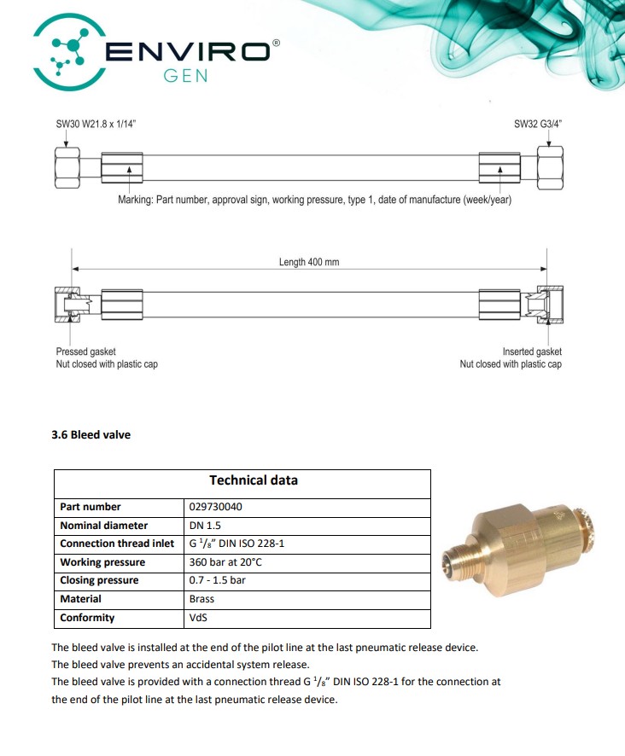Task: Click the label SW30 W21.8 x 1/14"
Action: (x=96, y=125)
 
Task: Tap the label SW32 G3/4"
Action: (x=537, y=125)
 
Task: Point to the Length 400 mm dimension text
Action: (x=308, y=262)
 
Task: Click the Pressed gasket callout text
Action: (x=85, y=352)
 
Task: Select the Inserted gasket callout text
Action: (x=532, y=352)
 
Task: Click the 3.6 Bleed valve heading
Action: (x=91, y=434)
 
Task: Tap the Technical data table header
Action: (x=254, y=480)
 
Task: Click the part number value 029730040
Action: (x=215, y=507)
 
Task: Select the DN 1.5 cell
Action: (x=204, y=526)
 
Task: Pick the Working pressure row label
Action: (x=102, y=562)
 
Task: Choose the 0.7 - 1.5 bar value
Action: (x=218, y=581)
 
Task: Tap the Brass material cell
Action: (x=202, y=599)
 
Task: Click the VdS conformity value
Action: (x=198, y=618)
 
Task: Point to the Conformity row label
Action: (x=87, y=618)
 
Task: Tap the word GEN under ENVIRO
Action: (x=185, y=74)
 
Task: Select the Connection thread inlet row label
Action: (x=117, y=544)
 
